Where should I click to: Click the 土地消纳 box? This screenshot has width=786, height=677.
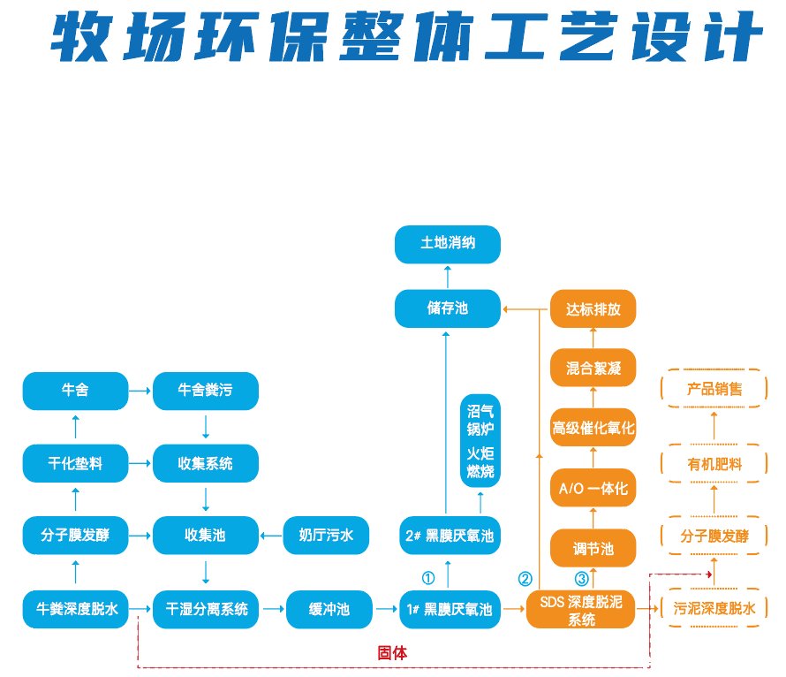(447, 244)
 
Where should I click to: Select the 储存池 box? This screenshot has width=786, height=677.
(447, 309)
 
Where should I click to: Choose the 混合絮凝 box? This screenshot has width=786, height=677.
(593, 368)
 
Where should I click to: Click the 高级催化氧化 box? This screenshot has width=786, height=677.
(593, 428)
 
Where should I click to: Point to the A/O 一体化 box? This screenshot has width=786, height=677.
(593, 488)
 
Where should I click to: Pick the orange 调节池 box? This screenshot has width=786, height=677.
(593, 549)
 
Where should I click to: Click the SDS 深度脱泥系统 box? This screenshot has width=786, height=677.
(580, 609)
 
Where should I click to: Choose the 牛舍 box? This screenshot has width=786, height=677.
(75, 389)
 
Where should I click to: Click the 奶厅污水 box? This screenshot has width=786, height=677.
(326, 535)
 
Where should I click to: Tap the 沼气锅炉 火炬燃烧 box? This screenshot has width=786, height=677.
(480, 441)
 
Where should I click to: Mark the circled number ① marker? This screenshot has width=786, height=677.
(428, 578)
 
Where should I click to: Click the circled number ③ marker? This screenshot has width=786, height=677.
(581, 579)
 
